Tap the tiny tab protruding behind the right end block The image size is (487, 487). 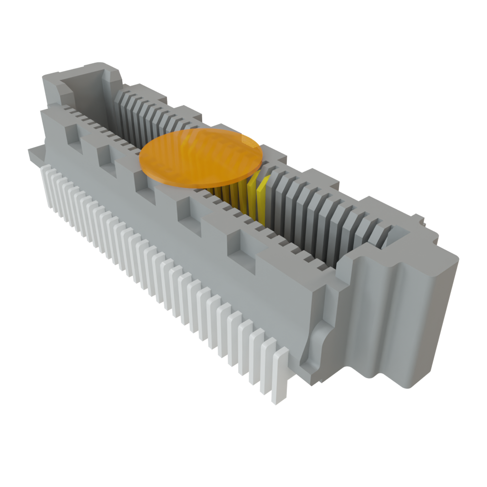[x=419, y=219]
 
